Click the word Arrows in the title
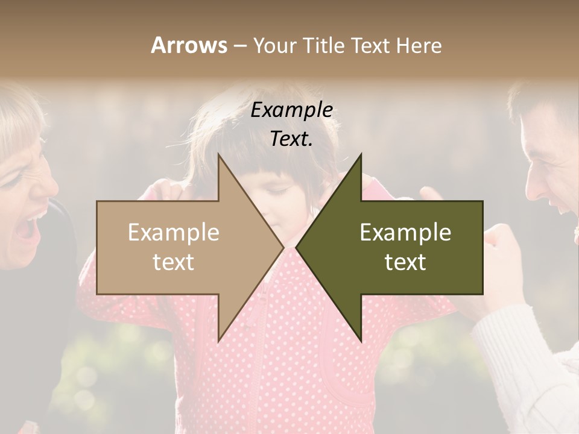click(189, 45)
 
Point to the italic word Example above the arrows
click(292, 110)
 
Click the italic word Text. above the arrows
click(292, 139)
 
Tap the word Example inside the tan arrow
click(174, 233)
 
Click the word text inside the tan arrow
click(174, 262)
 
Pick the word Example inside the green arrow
click(405, 233)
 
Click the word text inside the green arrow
click(405, 262)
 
